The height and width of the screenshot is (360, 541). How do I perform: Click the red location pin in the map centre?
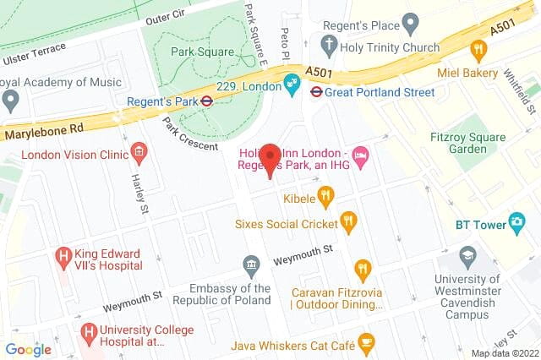click(x=270, y=160)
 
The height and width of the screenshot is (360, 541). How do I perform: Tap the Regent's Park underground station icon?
click(x=205, y=101)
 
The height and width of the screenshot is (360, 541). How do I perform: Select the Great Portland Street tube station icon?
click(x=313, y=91)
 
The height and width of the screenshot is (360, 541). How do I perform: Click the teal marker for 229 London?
click(x=292, y=83)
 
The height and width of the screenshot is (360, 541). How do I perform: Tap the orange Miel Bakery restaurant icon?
click(x=478, y=51)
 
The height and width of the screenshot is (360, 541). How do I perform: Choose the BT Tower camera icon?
click(x=517, y=223)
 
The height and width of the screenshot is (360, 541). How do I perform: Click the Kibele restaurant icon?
click(x=325, y=198)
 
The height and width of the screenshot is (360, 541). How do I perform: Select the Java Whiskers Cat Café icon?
click(x=366, y=341)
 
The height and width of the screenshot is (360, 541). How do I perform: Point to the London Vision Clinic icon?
click(x=139, y=154)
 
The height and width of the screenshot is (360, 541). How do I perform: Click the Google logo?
click(x=28, y=349)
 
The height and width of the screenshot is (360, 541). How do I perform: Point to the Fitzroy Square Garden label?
click(x=480, y=141)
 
